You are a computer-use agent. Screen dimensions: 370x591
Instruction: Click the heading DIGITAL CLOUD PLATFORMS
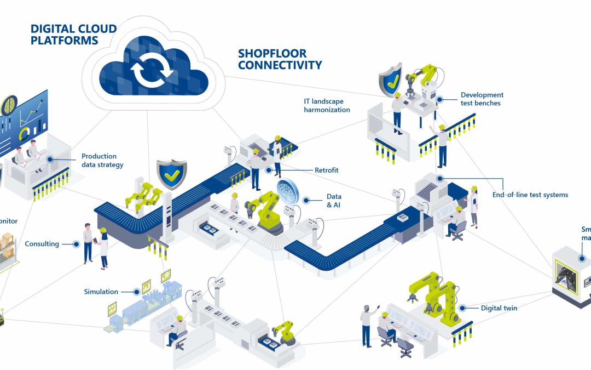[x=73, y=34]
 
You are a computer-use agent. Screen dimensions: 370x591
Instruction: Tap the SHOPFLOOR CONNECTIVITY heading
[x=280, y=60]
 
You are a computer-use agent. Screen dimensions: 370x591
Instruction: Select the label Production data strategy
[x=102, y=161]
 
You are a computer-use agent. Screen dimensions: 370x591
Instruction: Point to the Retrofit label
[x=327, y=170]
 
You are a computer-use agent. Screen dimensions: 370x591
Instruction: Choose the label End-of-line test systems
[x=530, y=195]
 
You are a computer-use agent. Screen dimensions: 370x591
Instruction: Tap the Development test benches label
[x=482, y=99]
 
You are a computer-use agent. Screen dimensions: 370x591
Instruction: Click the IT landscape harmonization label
[x=327, y=105]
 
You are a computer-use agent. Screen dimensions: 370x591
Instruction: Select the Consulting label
[x=42, y=244]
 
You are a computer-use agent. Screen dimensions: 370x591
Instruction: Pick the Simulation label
[x=101, y=292]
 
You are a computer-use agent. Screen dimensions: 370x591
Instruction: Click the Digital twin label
[x=499, y=308]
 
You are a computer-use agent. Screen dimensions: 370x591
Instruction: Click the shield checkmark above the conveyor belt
[x=171, y=174]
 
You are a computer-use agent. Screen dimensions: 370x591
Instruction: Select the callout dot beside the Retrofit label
[x=268, y=170]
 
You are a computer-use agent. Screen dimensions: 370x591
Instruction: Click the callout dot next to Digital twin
[x=462, y=308]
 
